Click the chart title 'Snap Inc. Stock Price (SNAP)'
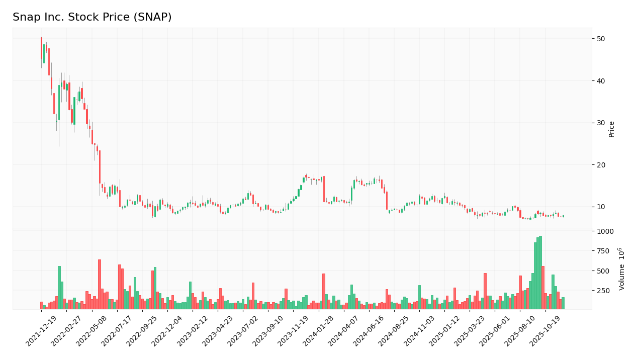point(92,18)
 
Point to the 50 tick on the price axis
point(601,39)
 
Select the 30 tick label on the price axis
point(601,123)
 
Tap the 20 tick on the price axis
point(601,165)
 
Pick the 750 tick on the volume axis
point(603,251)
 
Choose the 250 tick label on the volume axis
point(603,291)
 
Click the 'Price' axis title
point(612,129)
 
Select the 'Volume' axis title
point(622,269)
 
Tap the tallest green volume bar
point(540,273)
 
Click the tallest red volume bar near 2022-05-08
point(100,284)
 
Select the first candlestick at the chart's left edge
point(41,48)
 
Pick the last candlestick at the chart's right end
point(563,216)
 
